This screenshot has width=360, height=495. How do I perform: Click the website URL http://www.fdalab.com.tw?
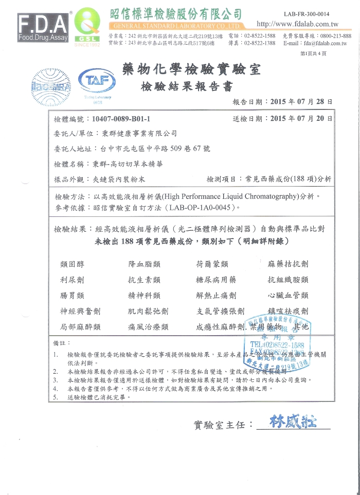[297, 24]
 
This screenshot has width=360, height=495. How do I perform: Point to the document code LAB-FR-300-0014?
[307, 13]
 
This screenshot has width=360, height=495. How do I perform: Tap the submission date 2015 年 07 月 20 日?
[301, 119]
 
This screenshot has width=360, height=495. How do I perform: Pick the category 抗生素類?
[144, 280]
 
